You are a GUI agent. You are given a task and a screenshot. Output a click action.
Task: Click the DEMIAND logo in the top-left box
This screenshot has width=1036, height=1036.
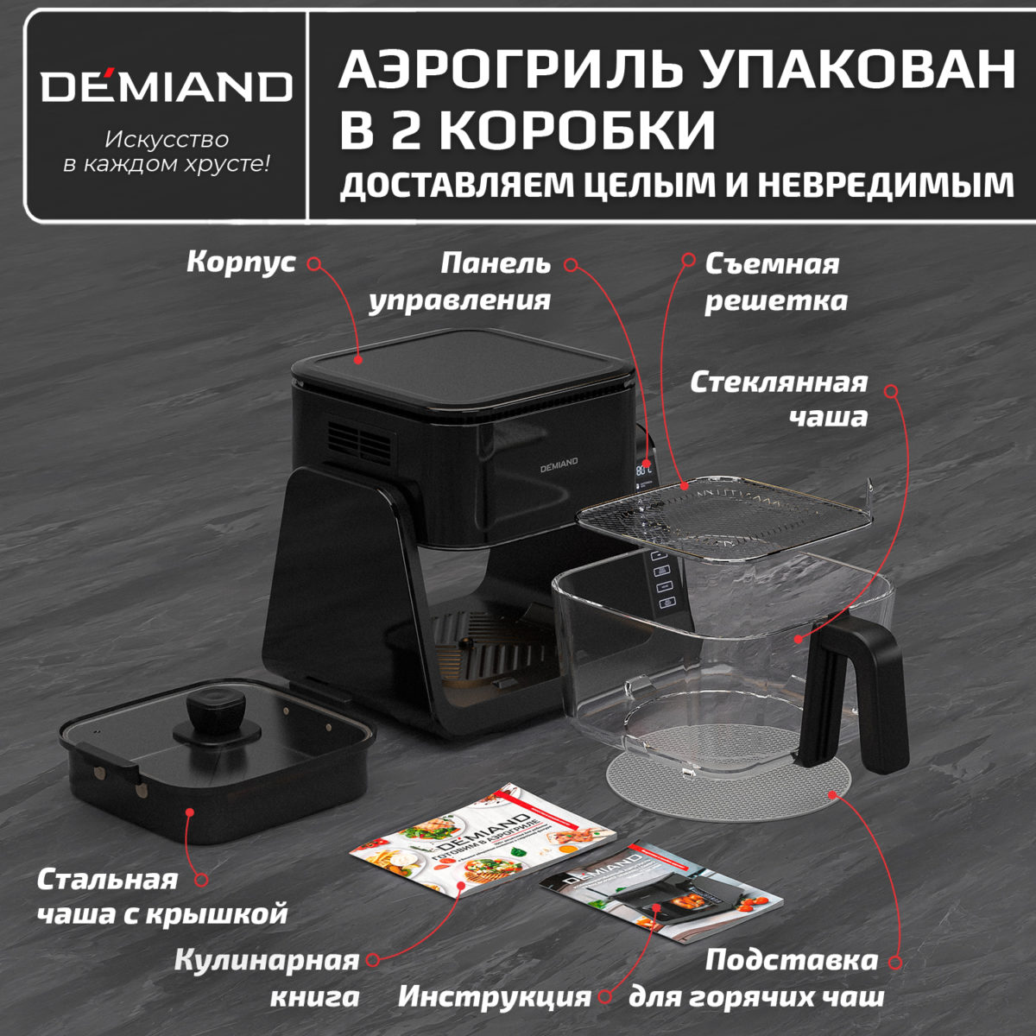coord(167,85)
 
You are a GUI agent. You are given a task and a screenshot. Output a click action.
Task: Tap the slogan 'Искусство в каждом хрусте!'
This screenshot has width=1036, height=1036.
coord(167,151)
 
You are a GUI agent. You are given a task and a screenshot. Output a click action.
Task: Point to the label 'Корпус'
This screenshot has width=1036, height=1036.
coord(241,262)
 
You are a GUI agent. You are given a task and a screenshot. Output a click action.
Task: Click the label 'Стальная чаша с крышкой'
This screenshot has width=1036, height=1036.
coord(161,896)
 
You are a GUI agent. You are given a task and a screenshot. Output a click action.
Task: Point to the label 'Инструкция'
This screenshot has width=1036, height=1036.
coord(494,996)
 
